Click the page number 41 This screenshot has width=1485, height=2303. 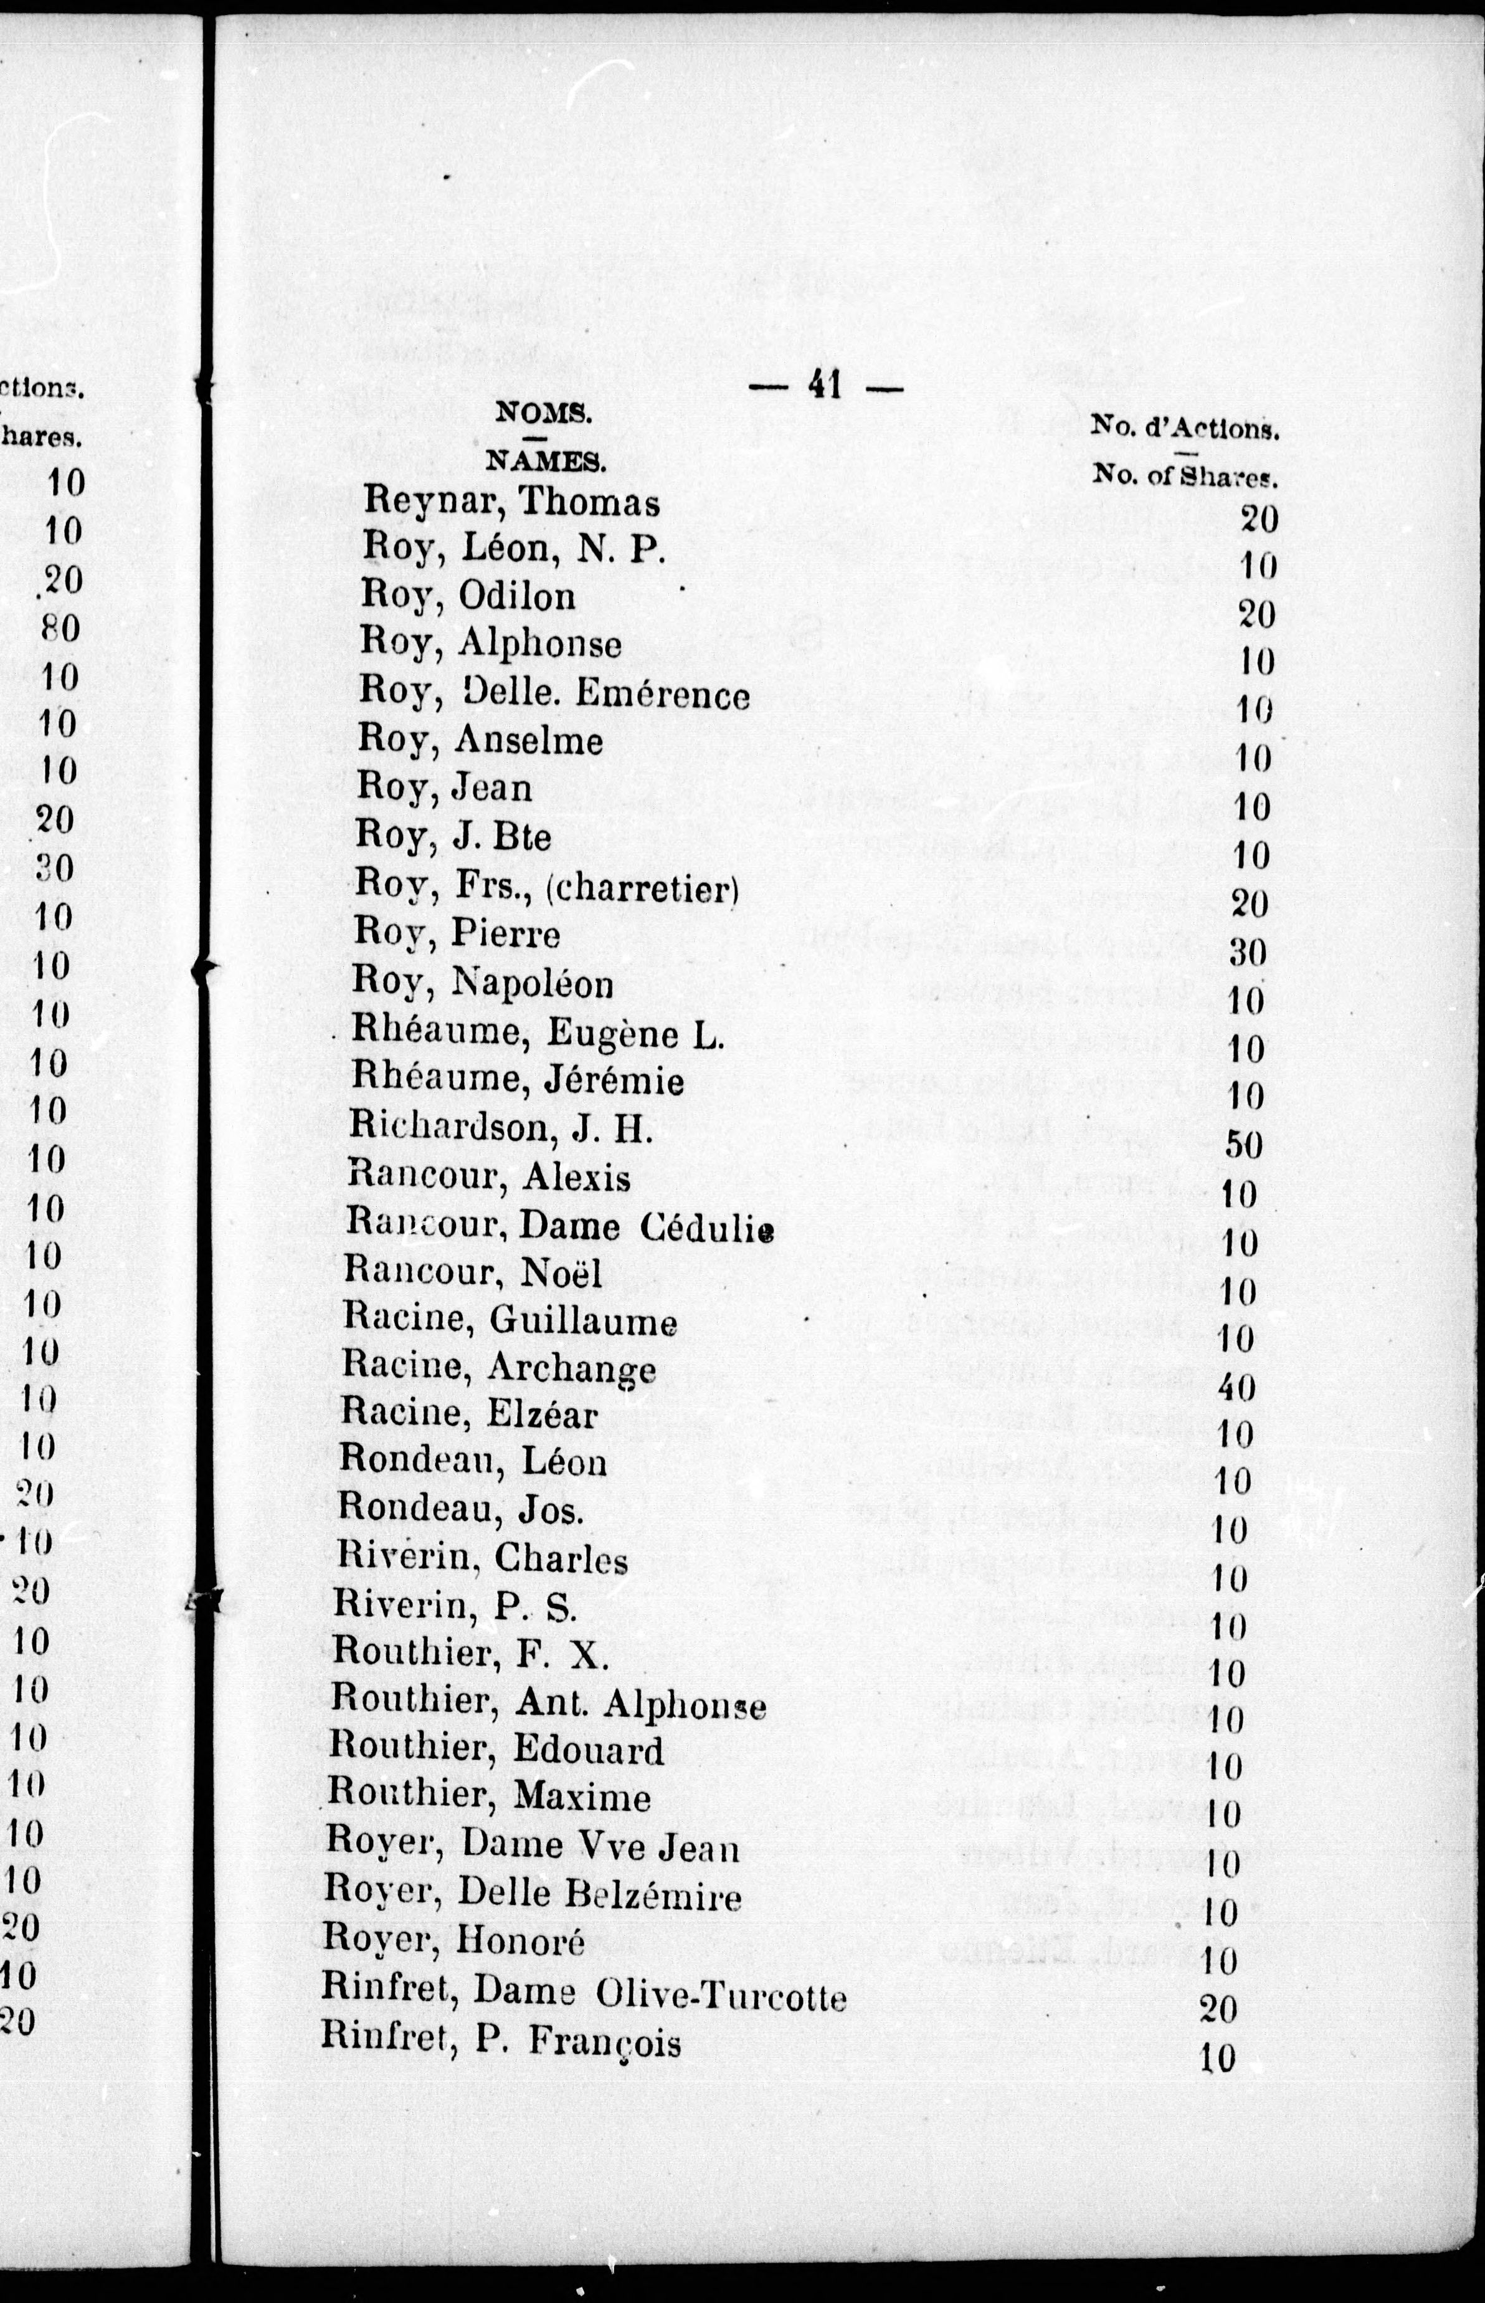825,385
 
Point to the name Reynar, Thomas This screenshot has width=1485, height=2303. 512,502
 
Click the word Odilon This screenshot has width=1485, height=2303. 517,596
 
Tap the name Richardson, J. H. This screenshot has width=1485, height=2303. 500,1127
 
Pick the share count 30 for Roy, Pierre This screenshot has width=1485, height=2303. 1248,953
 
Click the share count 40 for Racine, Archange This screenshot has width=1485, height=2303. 1237,1387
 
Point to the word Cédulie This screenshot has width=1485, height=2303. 708,1227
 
